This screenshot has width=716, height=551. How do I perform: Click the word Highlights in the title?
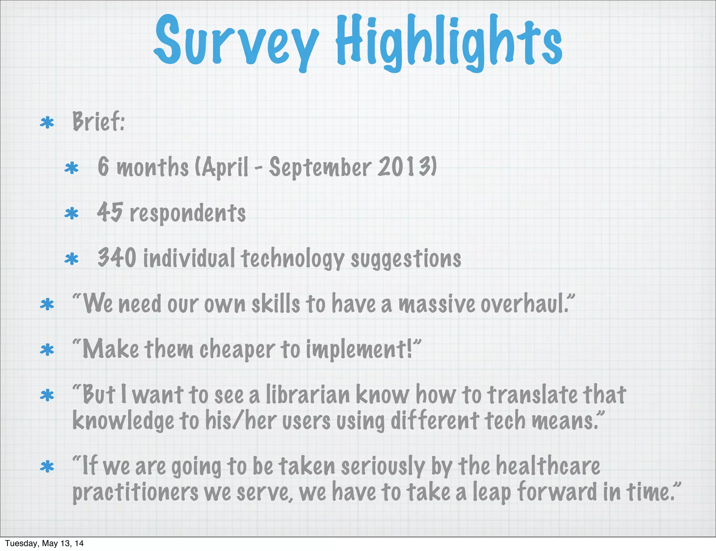pyautogui.click(x=449, y=42)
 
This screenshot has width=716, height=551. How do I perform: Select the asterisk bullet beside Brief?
pyautogui.click(x=47, y=123)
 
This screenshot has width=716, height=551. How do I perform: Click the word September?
pyautogui.click(x=320, y=168)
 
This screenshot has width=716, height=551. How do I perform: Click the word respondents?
pyautogui.click(x=188, y=213)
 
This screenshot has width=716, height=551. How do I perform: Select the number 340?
pyautogui.click(x=117, y=258)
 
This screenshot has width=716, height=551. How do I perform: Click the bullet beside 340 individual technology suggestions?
pyautogui.click(x=72, y=259)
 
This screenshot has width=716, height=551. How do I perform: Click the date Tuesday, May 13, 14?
pyautogui.click(x=44, y=543)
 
